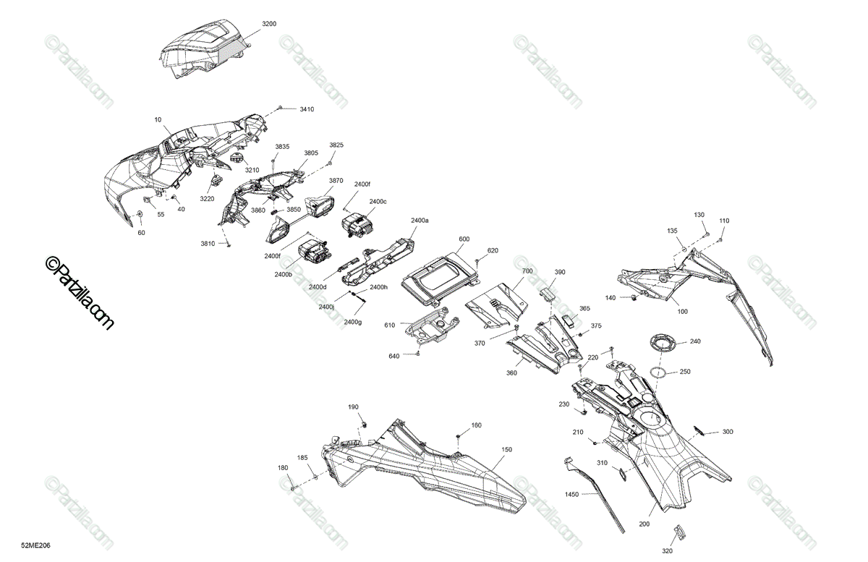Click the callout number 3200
[x=269, y=24]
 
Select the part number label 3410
[x=307, y=109]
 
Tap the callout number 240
[x=694, y=341]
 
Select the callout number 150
[x=506, y=450]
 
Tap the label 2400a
[x=420, y=219]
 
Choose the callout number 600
[x=464, y=239]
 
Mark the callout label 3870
[x=336, y=181]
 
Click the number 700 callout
[x=527, y=271]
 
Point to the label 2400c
[x=378, y=201]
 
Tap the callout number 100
[x=682, y=310]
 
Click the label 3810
[x=208, y=243]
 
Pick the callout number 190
[x=353, y=407]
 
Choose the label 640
[x=394, y=356]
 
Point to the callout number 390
[x=560, y=272]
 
